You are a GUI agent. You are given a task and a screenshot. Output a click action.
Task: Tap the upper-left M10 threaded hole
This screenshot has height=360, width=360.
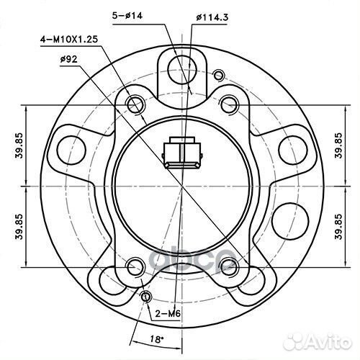[135, 104]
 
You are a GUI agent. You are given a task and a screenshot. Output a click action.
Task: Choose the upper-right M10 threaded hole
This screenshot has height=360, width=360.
[229, 102]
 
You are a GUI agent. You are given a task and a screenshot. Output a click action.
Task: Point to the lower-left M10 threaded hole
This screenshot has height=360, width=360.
[132, 268]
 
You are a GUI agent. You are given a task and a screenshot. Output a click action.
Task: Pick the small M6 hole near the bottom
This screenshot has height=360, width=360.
[146, 298]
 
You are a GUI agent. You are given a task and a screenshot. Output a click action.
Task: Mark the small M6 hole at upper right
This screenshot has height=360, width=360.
[217, 72]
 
